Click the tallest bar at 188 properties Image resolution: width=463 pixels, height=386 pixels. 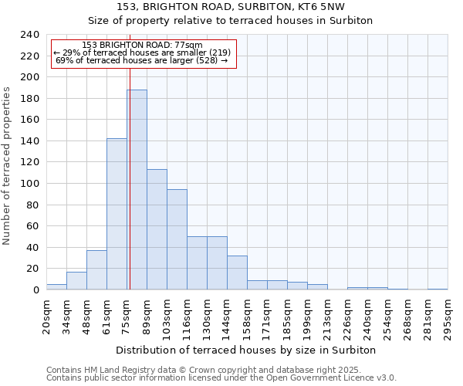pyautogui.click(x=137, y=190)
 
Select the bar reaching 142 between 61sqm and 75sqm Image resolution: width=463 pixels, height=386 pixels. pyautogui.click(x=117, y=214)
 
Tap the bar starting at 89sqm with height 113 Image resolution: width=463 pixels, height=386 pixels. pyautogui.click(x=157, y=229)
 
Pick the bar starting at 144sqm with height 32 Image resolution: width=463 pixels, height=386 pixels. pyautogui.click(x=237, y=273)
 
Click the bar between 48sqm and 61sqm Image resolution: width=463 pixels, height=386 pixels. pyautogui.click(x=96, y=270)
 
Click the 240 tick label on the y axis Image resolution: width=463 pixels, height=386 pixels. pyautogui.click(x=30, y=35)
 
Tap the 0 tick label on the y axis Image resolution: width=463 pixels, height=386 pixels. pyautogui.click(x=36, y=289)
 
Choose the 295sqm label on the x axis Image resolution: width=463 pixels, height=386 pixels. pyautogui.click(x=448, y=317)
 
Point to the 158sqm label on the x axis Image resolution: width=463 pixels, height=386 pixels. pyautogui.click(x=248, y=317)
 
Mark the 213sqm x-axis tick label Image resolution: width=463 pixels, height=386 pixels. pyautogui.click(x=328, y=317)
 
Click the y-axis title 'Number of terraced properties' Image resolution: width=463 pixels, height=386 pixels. pyautogui.click(x=8, y=166)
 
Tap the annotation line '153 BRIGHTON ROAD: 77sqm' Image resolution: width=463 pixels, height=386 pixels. pyautogui.click(x=142, y=46)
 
